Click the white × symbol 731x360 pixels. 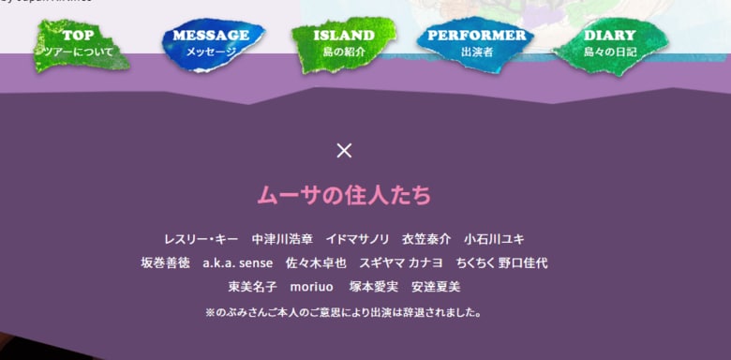pos(344,150)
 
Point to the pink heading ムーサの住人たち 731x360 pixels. pos(344,195)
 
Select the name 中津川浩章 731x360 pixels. pos(281,239)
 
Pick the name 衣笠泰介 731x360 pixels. pos(426,239)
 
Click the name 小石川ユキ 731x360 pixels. pos(494,239)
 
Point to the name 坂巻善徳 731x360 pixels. pos(165,262)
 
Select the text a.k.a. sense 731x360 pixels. pos(237,262)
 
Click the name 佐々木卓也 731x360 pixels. pos(316,262)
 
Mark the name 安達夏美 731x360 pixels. pos(436,286)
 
